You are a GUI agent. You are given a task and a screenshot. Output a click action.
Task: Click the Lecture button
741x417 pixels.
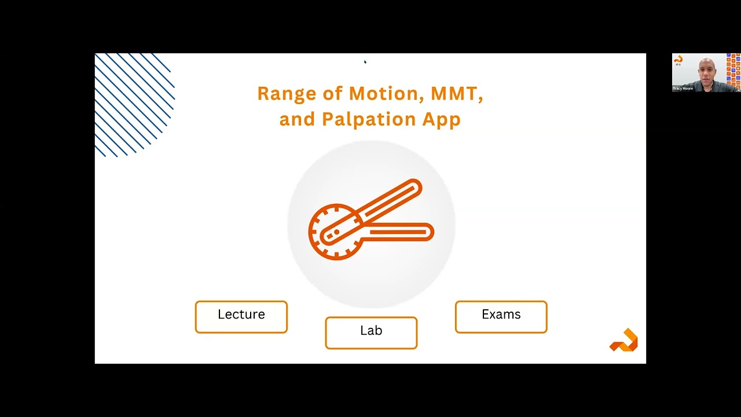(x=241, y=317)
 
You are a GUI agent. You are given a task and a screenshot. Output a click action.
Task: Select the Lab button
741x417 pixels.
(x=371, y=333)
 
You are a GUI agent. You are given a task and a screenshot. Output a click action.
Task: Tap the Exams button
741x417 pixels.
(x=501, y=317)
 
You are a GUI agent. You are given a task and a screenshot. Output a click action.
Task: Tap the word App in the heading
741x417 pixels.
(x=441, y=119)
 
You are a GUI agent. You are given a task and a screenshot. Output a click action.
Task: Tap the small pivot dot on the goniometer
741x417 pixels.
(x=337, y=232)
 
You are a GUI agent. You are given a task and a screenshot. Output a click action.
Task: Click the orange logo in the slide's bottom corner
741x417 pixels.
(x=624, y=341)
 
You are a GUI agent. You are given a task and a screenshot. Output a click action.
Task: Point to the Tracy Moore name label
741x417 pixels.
(x=683, y=89)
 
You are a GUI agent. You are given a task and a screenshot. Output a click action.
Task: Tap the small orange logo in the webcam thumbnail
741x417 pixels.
(x=678, y=59)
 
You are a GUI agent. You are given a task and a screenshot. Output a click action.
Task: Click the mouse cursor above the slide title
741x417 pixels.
(x=365, y=61)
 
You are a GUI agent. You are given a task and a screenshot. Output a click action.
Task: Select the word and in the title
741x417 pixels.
(x=296, y=119)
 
